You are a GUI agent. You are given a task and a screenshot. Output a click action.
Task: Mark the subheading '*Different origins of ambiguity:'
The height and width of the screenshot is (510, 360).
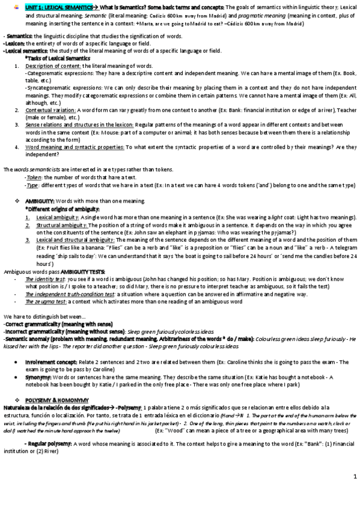point(60,208)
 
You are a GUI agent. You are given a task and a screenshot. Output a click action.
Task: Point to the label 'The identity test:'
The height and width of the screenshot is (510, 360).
point(46,280)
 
